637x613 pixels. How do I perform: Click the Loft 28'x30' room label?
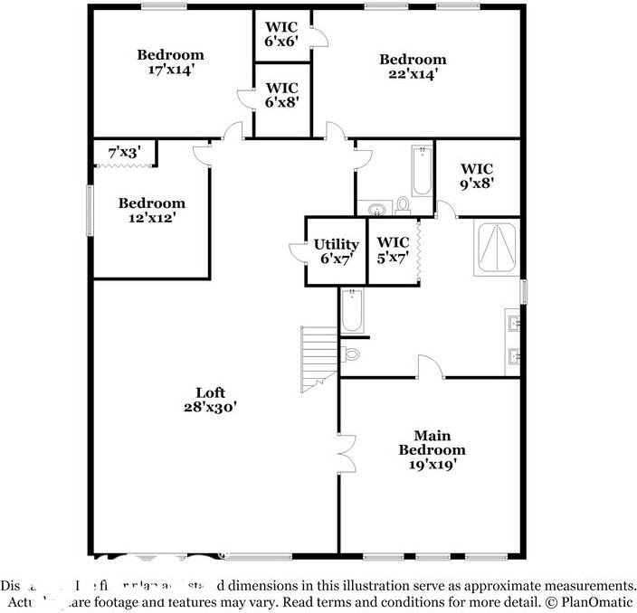210,400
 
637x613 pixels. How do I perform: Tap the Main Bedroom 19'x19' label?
432,449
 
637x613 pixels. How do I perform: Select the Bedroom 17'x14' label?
170,62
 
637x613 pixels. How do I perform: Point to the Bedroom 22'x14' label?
412,67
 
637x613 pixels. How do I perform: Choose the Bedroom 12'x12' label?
151,210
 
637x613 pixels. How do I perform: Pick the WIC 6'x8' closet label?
281,95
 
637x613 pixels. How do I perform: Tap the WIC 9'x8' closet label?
477,174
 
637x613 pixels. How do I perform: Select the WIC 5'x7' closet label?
393,250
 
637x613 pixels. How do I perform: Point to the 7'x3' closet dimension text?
124,153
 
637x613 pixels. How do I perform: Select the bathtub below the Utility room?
352,310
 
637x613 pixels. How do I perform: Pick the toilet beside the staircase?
352,354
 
